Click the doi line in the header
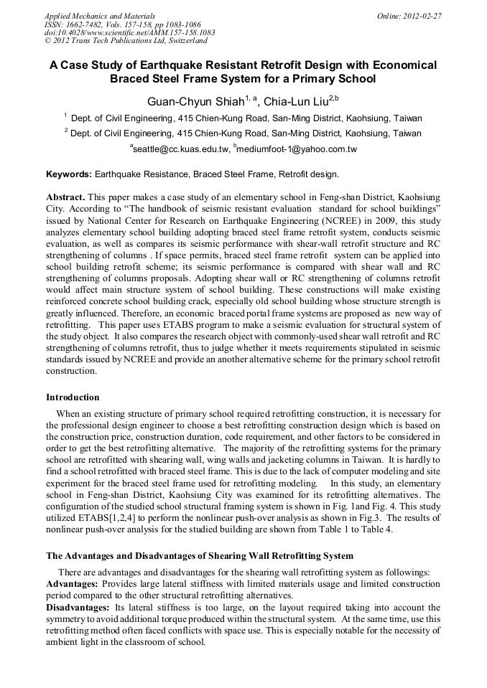pyautogui.click(x=129, y=32)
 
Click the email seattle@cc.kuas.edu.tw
pyautogui.click(x=179, y=149)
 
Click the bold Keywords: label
pyautogui.click(x=69, y=174)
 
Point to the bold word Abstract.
pyautogui.click(x=65, y=197)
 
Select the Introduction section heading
pyautogui.click(x=73, y=397)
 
